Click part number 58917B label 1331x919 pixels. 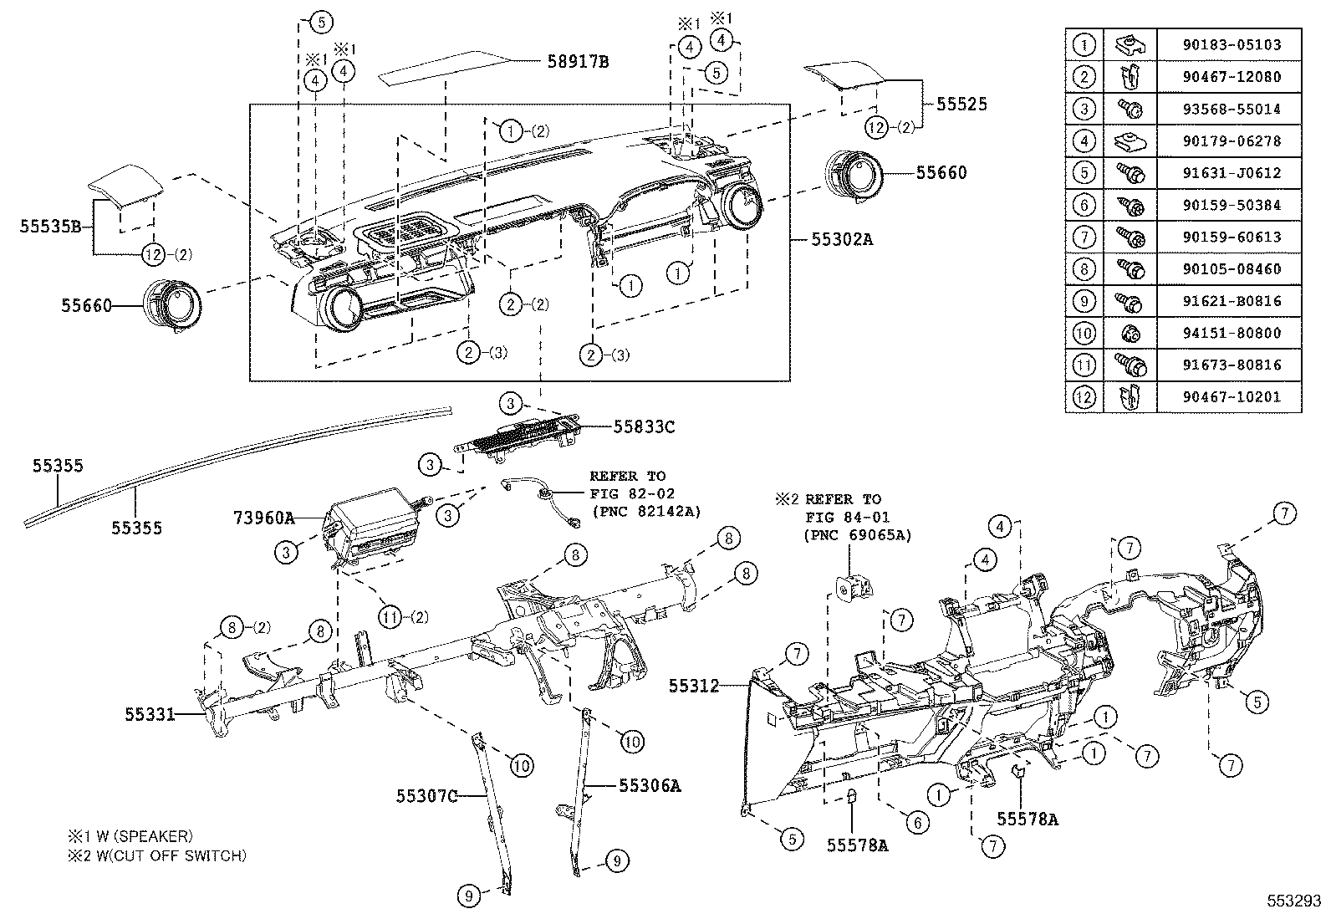(578, 61)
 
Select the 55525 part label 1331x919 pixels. (961, 105)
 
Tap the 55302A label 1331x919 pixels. (841, 239)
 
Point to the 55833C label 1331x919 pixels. (643, 426)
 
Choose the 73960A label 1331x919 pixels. (263, 518)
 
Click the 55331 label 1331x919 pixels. (150, 714)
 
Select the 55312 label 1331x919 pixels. (693, 686)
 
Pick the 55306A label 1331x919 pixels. (650, 785)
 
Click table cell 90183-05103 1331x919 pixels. (1229, 44)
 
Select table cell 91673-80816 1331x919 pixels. (1229, 365)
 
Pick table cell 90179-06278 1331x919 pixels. (1229, 140)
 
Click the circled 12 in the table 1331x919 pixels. (1084, 396)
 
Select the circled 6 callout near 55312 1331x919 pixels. (917, 823)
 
